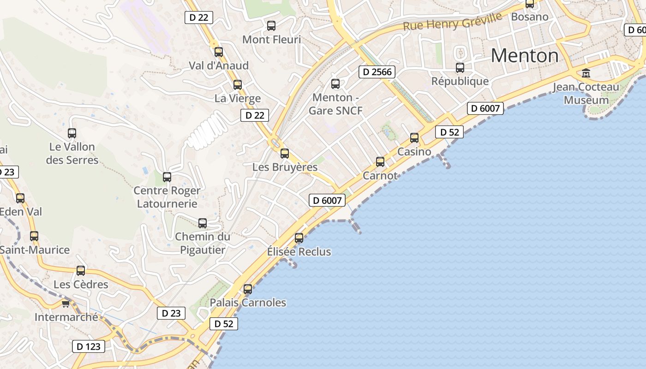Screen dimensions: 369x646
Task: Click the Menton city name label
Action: coord(525,56)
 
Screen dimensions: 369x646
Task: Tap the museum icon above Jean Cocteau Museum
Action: coord(586,73)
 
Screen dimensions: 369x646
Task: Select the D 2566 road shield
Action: coord(377,71)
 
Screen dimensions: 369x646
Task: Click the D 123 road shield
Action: coord(89,346)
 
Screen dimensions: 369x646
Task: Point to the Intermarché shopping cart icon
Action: coord(66,304)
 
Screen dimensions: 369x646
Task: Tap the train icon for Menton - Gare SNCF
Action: coord(335,84)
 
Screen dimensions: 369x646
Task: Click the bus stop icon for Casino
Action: coord(414,137)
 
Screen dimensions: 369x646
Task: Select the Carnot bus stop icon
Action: coord(380,161)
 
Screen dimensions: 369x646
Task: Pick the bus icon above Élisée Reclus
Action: coord(299,238)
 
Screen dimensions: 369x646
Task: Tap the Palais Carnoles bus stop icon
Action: coord(248,289)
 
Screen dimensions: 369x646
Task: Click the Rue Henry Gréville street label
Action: coord(452,22)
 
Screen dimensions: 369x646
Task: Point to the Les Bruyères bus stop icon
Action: coord(285,154)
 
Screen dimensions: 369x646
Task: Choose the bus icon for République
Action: coord(460,68)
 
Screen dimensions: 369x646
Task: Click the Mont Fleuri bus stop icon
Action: coord(271,26)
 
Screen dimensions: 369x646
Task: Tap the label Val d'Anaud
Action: coord(219,65)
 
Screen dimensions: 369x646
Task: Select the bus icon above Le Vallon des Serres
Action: coord(72,133)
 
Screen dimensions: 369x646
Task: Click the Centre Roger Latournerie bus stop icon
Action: coord(167,177)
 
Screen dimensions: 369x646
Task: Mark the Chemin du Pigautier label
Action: coord(203,243)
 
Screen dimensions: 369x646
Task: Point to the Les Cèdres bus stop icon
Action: coord(81,271)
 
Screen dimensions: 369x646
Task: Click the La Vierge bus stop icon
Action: coord(238,85)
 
